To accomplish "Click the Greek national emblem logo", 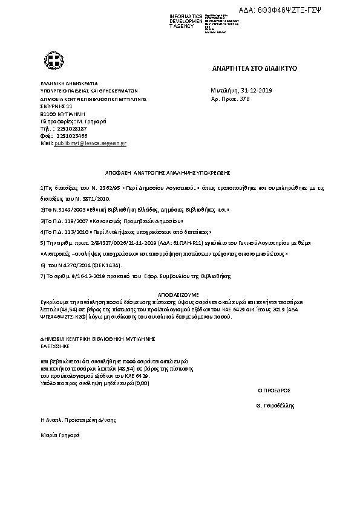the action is [x=51, y=60].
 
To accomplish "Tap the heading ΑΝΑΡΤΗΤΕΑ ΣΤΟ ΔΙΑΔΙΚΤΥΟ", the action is [x=254, y=70].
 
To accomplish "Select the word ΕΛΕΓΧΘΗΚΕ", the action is [x=55, y=348].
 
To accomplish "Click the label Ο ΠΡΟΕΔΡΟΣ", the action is [x=273, y=391].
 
